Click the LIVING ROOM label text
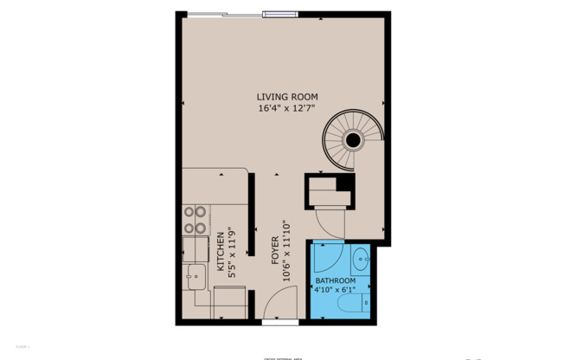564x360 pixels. pos(287,96)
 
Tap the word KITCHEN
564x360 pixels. pos(221,252)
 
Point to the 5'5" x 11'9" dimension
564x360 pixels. pos(233,252)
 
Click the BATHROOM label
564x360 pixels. pos(335,281)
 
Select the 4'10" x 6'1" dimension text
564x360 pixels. pos(335,291)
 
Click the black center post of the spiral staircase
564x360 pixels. pos(353,140)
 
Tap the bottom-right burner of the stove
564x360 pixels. pos(201,228)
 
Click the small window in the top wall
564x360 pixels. pos(276,13)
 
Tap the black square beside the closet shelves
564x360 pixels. pos(344,183)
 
